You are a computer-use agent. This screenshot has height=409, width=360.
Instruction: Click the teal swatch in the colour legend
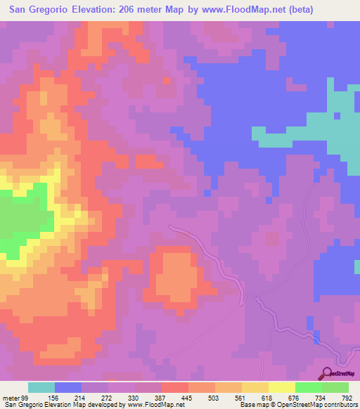point(41,387)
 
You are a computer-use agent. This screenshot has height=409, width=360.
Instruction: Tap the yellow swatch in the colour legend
point(281,387)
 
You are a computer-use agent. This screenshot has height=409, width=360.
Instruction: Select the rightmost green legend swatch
point(335,387)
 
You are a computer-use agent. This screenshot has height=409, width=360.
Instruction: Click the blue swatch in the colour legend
point(68,387)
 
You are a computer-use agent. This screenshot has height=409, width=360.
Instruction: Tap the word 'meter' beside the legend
point(11,397)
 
